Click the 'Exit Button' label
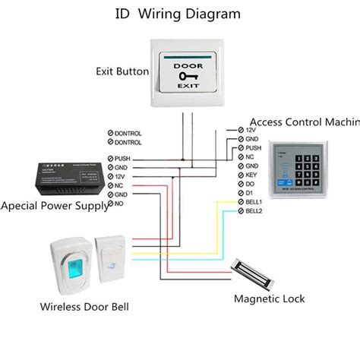[x=122, y=72]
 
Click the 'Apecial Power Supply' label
[x=54, y=206]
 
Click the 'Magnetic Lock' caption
[x=269, y=298]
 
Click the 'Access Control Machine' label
[x=304, y=122]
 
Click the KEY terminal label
[x=252, y=175]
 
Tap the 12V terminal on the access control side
[x=251, y=131]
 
